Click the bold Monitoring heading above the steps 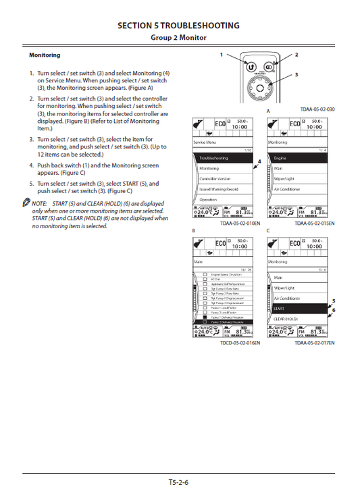[x=45, y=55]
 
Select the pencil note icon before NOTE [x=25, y=203]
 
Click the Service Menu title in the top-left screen [x=207, y=143]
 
